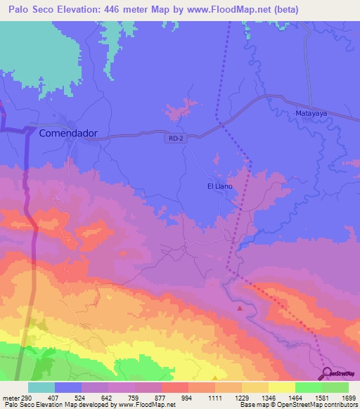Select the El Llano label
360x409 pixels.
point(219,186)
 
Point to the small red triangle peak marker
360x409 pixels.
point(240,308)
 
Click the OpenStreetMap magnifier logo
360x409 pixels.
point(328,374)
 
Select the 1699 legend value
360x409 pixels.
point(349,397)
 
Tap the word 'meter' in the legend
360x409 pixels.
point(11,397)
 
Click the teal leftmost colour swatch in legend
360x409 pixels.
point(41,387)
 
